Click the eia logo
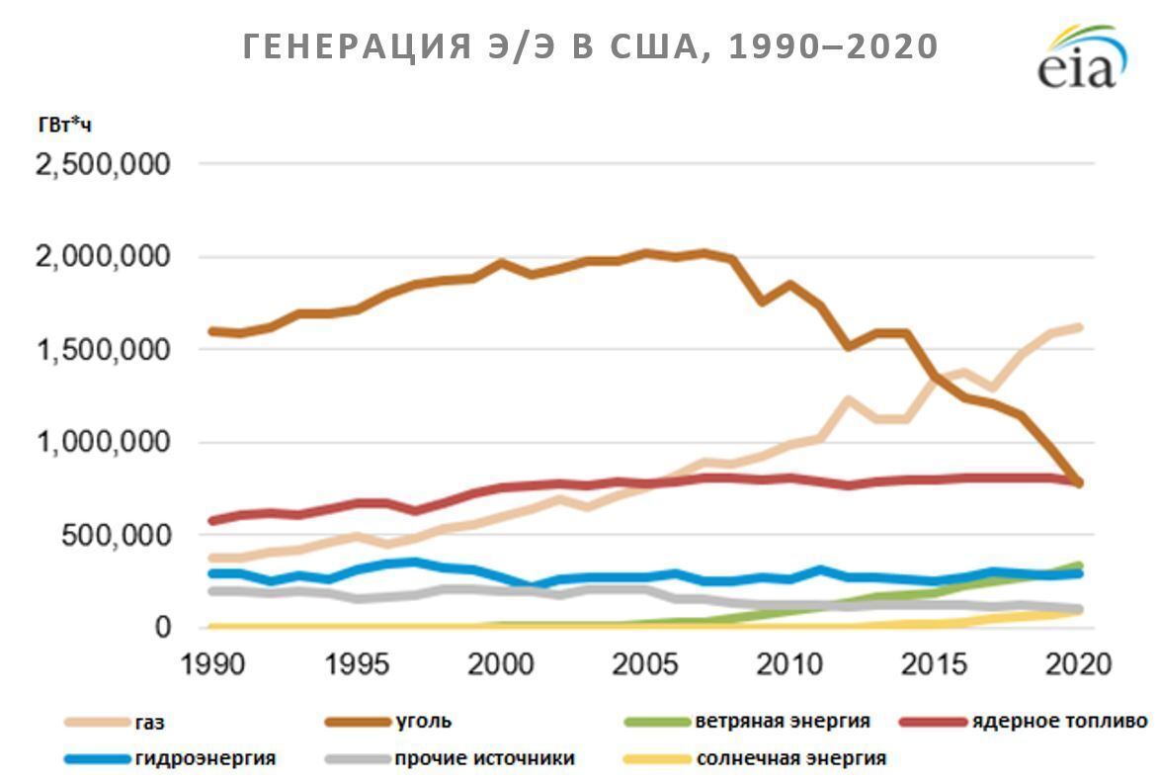click(x=1082, y=58)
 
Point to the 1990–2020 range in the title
click(x=833, y=46)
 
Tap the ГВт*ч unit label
click(x=65, y=124)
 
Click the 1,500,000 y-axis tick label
click(x=103, y=349)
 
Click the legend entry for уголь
click(x=423, y=722)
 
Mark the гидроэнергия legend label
click(x=206, y=759)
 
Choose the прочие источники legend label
click(x=484, y=759)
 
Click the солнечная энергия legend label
click(x=790, y=759)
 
